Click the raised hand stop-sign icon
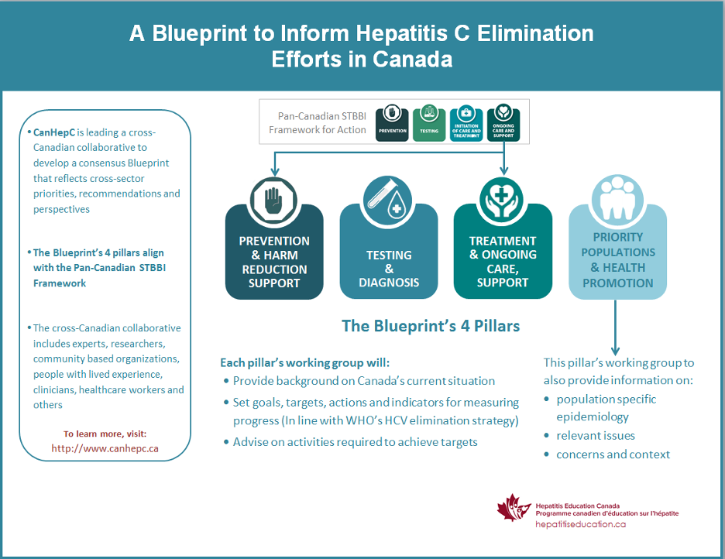click(x=274, y=199)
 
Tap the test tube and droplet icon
click(x=388, y=199)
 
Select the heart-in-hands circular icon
click(x=503, y=199)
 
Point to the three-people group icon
click(x=617, y=199)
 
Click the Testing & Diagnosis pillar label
click(x=389, y=268)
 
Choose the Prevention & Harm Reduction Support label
click(x=274, y=262)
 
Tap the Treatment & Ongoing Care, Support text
click(x=503, y=262)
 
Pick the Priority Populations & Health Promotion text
click(x=617, y=260)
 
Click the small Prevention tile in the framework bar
click(x=393, y=124)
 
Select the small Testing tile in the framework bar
click(x=429, y=124)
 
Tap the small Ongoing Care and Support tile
click(x=503, y=124)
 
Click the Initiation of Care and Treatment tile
click(x=466, y=124)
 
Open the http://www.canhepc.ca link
click(x=105, y=448)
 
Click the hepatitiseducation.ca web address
click(x=581, y=524)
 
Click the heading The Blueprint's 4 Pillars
click(x=431, y=326)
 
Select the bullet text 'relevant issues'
click(x=596, y=435)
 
